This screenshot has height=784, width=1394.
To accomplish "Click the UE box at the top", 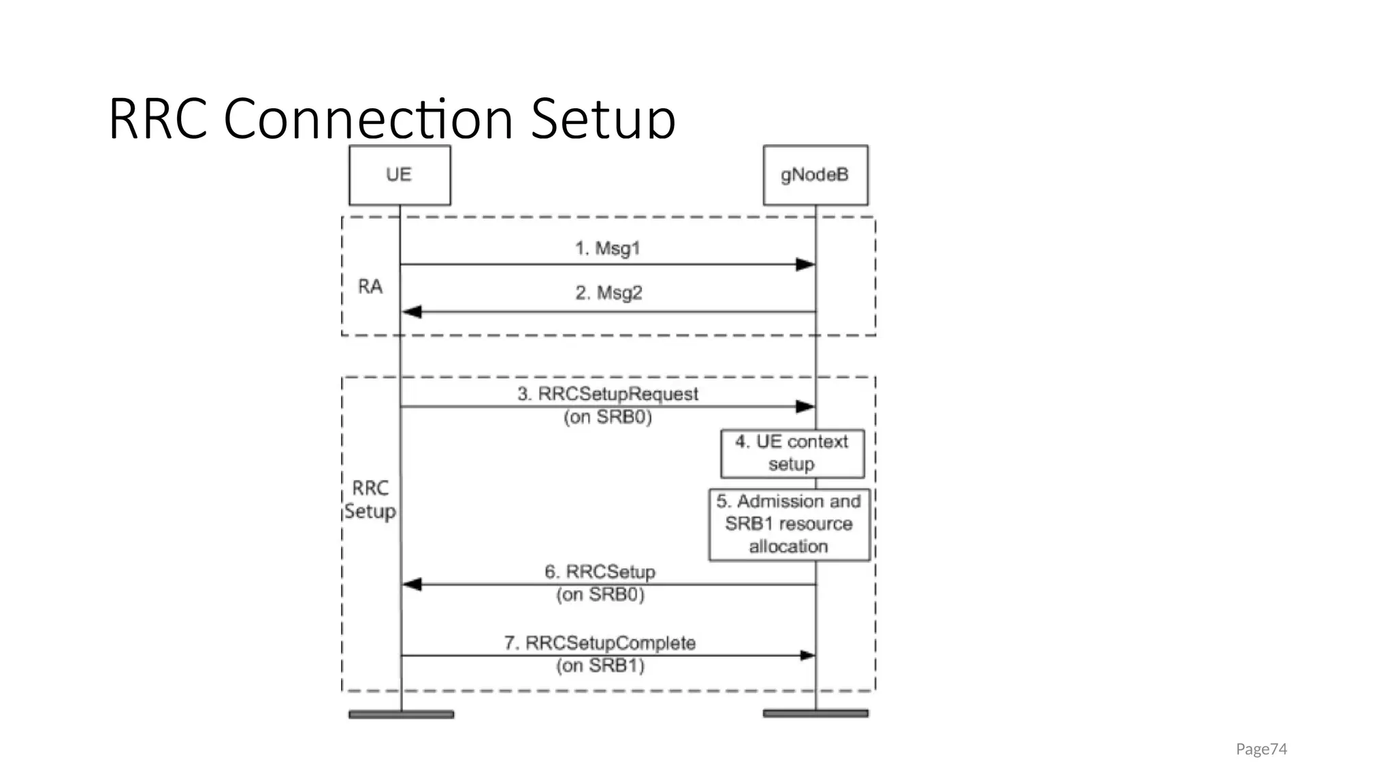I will [x=400, y=175].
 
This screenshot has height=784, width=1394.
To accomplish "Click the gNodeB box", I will [x=815, y=175].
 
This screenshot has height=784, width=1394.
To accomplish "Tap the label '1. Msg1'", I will [x=607, y=248].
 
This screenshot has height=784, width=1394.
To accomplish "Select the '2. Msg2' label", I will [x=609, y=293].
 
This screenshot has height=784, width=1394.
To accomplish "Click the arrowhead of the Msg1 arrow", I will [x=805, y=264].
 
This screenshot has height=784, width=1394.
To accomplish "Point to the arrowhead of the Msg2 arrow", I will [x=412, y=312].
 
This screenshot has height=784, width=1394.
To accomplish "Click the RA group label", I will [x=370, y=287].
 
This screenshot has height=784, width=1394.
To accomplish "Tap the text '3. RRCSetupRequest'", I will [x=607, y=394].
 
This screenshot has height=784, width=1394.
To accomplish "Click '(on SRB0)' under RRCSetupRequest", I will [x=607, y=417].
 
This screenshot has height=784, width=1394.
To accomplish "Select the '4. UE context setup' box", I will [x=792, y=453].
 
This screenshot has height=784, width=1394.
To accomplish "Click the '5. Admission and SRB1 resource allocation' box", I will [x=789, y=524].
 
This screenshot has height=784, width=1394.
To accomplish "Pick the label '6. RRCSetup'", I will [x=600, y=572].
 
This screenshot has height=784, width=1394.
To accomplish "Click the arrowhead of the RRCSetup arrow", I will [x=412, y=584].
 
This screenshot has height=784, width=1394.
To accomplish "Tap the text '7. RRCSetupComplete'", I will [x=600, y=643].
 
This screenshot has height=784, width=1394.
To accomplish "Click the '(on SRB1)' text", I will [x=600, y=666].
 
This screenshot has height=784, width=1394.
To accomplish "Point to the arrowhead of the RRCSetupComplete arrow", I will [x=807, y=655].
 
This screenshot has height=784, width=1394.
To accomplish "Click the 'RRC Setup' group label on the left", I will [x=370, y=500].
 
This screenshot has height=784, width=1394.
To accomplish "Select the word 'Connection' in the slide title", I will [x=368, y=119].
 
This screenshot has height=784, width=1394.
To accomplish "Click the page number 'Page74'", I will [x=1261, y=749].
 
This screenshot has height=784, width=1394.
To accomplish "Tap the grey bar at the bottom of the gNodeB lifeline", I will [x=815, y=713].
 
